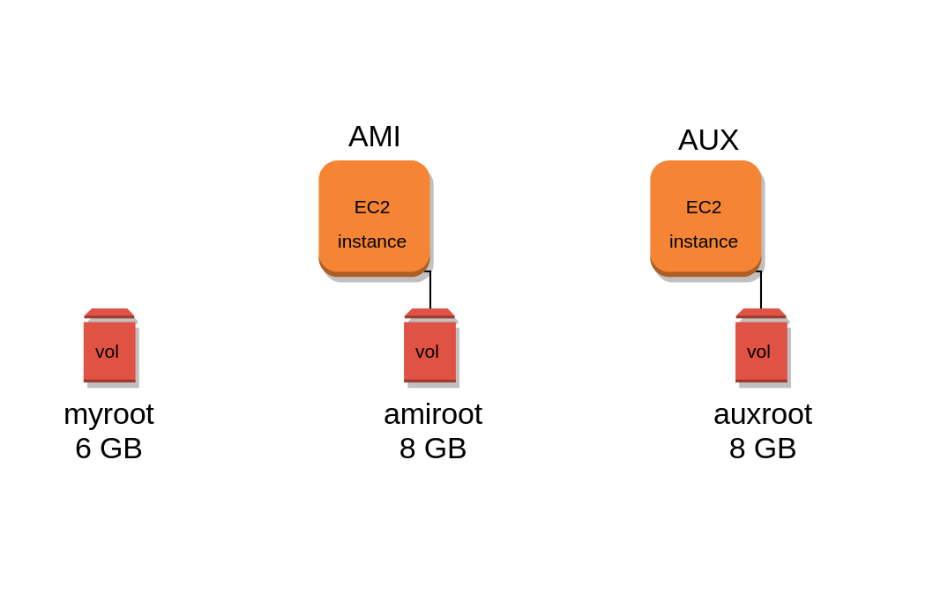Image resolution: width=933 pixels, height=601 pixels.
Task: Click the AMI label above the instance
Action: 374,137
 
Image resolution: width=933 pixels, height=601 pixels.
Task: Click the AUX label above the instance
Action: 708,140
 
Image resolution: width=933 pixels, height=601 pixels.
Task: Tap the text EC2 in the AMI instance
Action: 372,207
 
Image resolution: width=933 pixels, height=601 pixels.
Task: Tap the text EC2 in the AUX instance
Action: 704,207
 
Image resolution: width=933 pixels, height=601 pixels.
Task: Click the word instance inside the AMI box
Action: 372,241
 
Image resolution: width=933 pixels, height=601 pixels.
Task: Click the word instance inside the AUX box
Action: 704,241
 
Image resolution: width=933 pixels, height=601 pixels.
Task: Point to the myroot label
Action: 108,414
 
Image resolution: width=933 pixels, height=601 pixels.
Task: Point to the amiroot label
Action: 433,414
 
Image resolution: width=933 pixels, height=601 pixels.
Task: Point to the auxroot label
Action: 763,414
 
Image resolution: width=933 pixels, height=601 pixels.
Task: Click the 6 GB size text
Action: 108,449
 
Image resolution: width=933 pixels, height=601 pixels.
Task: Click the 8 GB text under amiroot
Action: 433,449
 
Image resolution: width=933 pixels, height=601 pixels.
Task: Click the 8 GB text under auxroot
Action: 763,449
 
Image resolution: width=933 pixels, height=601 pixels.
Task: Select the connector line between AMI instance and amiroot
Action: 430,291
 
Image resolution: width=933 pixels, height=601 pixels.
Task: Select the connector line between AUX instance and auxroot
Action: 761,291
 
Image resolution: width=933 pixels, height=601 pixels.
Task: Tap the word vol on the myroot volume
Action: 107,352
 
